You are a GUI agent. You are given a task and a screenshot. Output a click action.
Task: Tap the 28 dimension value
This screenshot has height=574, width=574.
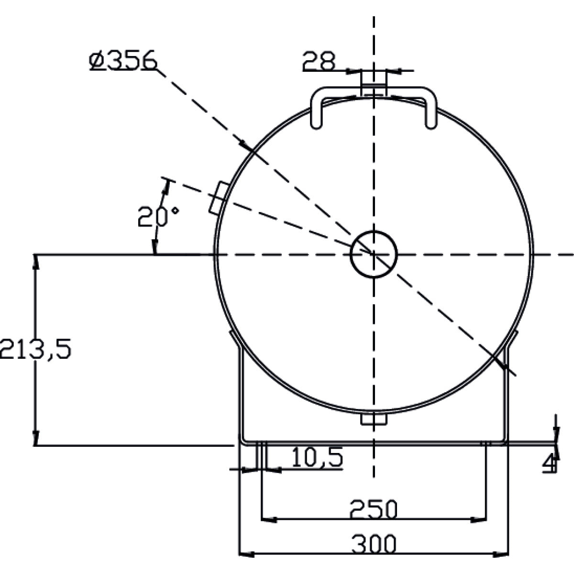pos(319,61)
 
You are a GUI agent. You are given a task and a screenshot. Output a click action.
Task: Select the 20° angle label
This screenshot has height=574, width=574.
pos(158,217)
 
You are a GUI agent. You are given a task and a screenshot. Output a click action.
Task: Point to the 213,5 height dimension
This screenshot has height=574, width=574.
pos(35,348)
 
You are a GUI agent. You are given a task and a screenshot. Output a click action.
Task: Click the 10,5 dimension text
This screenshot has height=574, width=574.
pos(317,457)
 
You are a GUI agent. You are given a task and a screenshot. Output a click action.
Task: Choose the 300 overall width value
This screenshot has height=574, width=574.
pos(374,544)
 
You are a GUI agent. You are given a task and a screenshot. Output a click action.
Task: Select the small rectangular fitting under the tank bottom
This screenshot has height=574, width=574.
pos(374,419)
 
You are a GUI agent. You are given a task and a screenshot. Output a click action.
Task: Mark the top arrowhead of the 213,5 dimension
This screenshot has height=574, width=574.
pos(35,262)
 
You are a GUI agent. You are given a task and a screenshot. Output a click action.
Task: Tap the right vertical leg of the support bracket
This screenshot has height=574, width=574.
pos(506,395)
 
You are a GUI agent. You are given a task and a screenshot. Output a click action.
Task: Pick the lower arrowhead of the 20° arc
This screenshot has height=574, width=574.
pos(155,247)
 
